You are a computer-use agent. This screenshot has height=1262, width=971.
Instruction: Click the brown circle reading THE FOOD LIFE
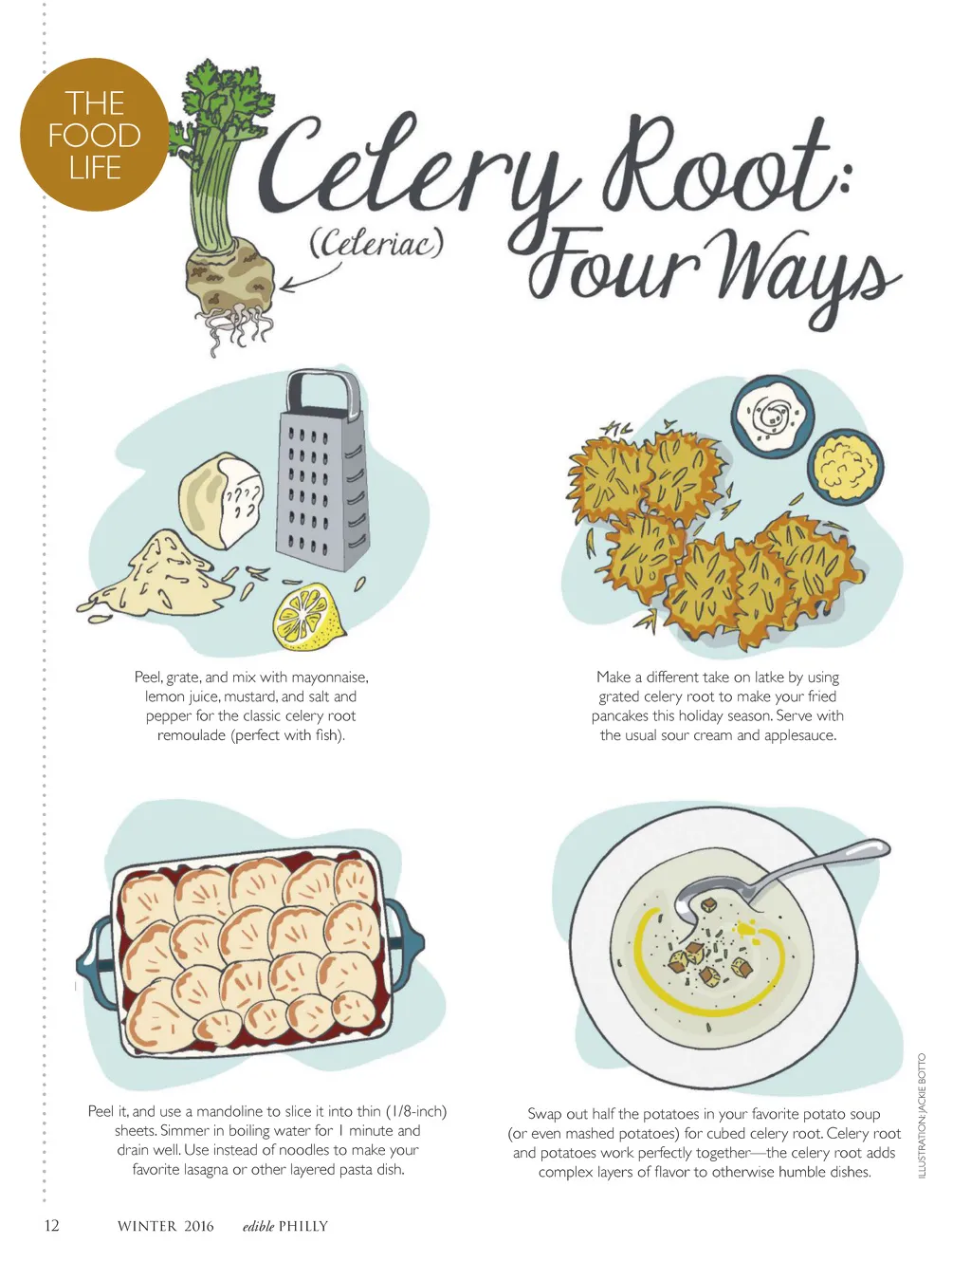[95, 134]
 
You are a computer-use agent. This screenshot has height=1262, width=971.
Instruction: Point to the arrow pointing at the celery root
[310, 276]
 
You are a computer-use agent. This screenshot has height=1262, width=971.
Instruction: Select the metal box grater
[322, 471]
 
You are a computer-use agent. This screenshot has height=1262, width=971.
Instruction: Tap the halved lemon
[309, 617]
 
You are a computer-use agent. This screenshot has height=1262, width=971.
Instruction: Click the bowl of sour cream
[772, 417]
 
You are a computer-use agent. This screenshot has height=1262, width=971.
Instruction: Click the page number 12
[51, 1225]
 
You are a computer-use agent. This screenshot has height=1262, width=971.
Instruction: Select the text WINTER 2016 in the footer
[165, 1226]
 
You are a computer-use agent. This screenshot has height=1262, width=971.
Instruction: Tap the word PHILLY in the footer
[303, 1226]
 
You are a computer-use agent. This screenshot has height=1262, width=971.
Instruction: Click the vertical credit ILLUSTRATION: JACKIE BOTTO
[923, 1115]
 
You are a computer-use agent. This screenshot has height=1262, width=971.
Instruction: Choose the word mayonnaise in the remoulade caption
[330, 677]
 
